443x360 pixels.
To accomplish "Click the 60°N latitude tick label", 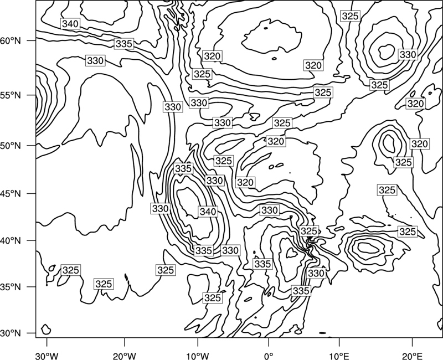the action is pyautogui.click(x=11, y=41).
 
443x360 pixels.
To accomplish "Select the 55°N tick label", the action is pyautogui.click(x=11, y=95).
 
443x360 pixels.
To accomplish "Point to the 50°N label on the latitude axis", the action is pyautogui.click(x=11, y=146).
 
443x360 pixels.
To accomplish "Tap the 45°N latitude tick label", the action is pyautogui.click(x=11, y=193).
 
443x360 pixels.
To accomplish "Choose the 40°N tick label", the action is pyautogui.click(x=11, y=241).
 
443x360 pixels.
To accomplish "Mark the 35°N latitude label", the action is pyautogui.click(x=11, y=287).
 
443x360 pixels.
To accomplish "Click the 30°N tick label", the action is pyautogui.click(x=11, y=333).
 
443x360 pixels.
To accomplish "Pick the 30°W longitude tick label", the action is pyautogui.click(x=47, y=356).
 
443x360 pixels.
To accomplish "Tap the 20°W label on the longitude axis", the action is pyautogui.click(x=124, y=356).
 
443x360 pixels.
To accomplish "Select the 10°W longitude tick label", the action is pyautogui.click(x=198, y=356).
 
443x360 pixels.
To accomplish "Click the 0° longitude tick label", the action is pyautogui.click(x=269, y=356).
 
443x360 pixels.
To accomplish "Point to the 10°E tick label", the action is pyautogui.click(x=339, y=356).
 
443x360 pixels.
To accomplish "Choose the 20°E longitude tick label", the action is pyautogui.click(x=412, y=356).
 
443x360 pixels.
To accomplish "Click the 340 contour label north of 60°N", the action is pyautogui.click(x=70, y=24).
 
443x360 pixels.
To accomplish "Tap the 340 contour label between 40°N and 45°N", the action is pyautogui.click(x=208, y=212).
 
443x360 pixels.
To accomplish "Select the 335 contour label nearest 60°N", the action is pyautogui.click(x=124, y=44).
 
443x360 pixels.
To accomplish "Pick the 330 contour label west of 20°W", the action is pyautogui.click(x=95, y=61).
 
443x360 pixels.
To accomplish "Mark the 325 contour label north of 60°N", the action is pyautogui.click(x=351, y=16).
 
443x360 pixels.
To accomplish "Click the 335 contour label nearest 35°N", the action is pyautogui.click(x=301, y=291).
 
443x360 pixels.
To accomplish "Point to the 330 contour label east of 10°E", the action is pyautogui.click(x=408, y=54).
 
